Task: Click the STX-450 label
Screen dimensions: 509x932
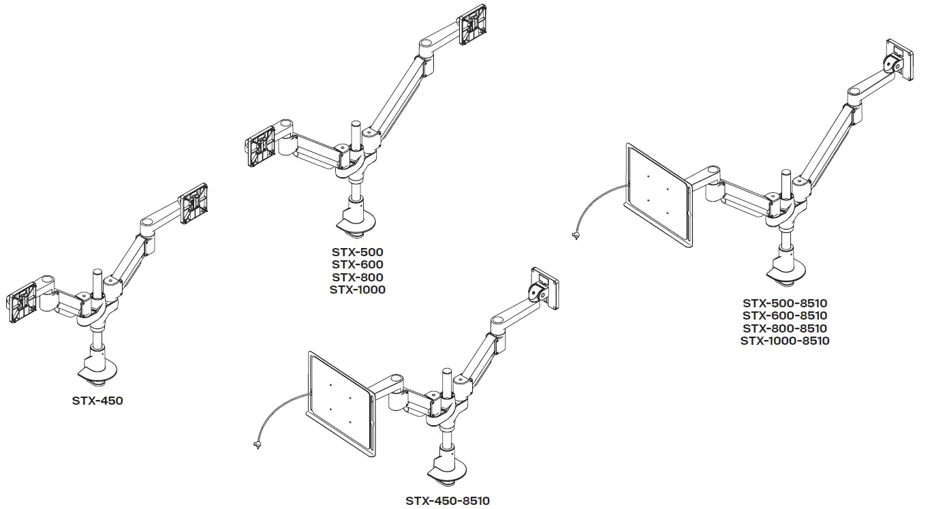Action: tap(97, 401)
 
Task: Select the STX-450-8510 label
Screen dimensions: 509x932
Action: tap(447, 501)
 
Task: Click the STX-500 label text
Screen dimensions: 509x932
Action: tap(357, 252)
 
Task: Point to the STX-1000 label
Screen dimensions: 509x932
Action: tap(357, 290)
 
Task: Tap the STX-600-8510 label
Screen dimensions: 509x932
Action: tap(785, 315)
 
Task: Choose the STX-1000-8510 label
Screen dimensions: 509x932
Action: tap(785, 341)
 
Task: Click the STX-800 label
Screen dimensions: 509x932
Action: tap(357, 277)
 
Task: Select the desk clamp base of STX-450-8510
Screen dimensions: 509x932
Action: tap(447, 473)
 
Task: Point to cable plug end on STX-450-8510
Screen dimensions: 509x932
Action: tap(256, 446)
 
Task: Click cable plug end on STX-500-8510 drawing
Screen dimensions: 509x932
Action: tap(576, 236)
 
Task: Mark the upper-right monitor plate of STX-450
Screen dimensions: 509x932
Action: tap(193, 204)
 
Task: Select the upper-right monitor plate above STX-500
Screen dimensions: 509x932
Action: tap(473, 25)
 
